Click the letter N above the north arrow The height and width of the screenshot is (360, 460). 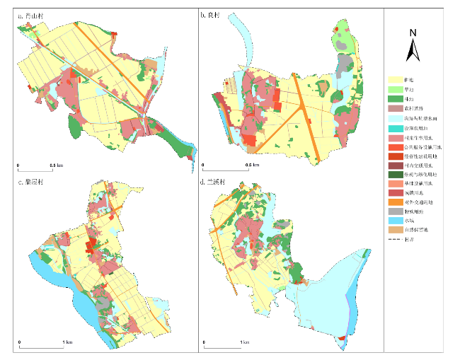[413, 33]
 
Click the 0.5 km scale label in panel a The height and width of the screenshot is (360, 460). [56, 166]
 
